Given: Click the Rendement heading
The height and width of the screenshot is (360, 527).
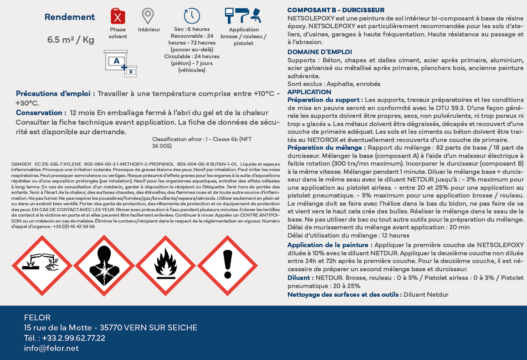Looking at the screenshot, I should click(x=70, y=17).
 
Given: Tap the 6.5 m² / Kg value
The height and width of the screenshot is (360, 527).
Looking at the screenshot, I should click(x=71, y=40).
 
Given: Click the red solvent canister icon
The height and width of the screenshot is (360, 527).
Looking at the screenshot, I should click(x=118, y=16).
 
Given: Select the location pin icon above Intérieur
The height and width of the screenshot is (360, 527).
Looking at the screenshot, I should click(x=147, y=16).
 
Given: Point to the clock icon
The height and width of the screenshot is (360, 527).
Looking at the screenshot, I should click(x=192, y=15).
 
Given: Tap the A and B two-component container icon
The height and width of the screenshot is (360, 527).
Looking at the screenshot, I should click(x=120, y=63).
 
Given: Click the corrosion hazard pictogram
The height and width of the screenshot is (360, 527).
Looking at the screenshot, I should click(x=41, y=265).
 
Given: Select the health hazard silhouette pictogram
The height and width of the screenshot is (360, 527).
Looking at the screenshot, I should click(x=104, y=265).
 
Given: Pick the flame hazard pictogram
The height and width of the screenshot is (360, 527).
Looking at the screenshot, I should click(x=166, y=265).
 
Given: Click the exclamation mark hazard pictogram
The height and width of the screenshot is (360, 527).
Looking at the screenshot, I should click(x=228, y=265).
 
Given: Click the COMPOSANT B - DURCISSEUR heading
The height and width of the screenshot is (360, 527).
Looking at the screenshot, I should click(x=336, y=10).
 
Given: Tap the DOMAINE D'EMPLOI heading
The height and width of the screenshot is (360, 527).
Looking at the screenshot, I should click(x=320, y=52).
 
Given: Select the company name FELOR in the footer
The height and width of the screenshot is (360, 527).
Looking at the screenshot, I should click(x=37, y=318).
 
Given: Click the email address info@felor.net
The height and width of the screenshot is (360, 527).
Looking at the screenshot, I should click(x=51, y=348).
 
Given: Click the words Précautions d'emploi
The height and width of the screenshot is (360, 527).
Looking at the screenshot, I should click(x=55, y=94).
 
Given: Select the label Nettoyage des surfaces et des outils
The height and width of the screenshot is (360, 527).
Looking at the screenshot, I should click(x=344, y=294).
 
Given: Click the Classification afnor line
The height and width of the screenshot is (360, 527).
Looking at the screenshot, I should click(x=202, y=140).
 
